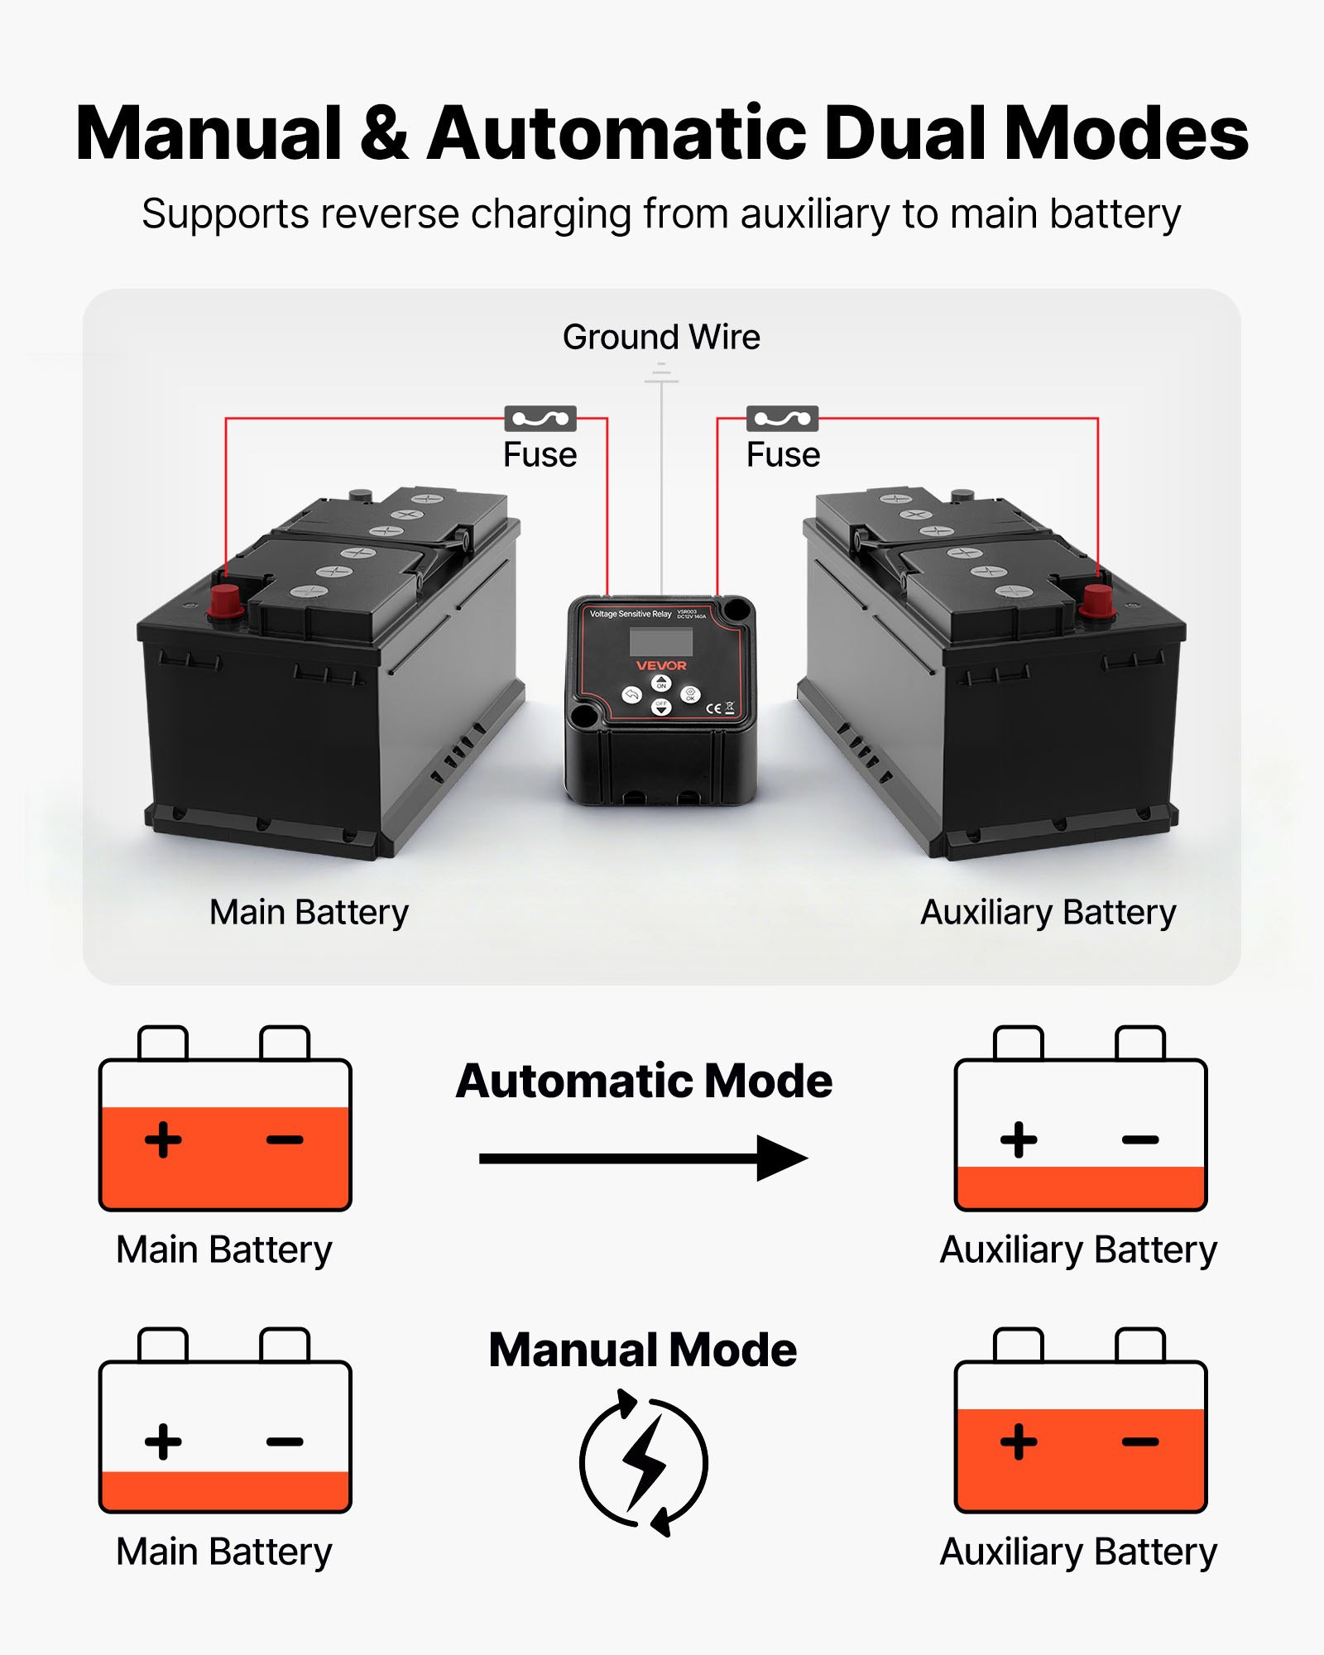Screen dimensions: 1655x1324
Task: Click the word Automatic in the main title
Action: tap(616, 134)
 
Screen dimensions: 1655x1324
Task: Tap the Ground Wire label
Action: tap(661, 337)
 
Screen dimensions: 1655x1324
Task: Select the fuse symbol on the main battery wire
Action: tap(540, 419)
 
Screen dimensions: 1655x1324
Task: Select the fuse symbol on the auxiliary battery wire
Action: tap(782, 419)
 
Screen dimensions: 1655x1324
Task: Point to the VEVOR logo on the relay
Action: tap(661, 665)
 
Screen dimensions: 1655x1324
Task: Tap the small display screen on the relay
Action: tap(660, 641)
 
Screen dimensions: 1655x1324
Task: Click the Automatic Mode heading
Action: tap(644, 1082)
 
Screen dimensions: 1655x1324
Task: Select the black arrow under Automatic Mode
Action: tap(643, 1158)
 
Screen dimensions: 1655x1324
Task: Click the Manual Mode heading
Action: tap(643, 1350)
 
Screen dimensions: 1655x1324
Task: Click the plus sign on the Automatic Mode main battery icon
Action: tap(163, 1139)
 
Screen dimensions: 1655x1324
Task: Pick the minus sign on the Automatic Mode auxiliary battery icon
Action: tap(1140, 1140)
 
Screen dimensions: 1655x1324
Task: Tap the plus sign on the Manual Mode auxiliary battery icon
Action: tap(1019, 1442)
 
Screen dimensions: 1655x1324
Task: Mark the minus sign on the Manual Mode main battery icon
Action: tap(285, 1442)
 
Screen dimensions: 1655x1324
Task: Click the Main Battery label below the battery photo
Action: tap(309, 913)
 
